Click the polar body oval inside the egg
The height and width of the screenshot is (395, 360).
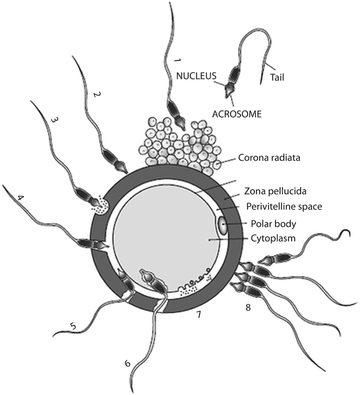(223, 227)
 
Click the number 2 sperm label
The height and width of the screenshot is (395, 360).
(96, 95)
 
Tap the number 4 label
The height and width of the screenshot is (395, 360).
(20, 198)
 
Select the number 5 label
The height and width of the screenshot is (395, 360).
(73, 326)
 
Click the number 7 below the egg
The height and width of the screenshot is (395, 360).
(199, 315)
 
